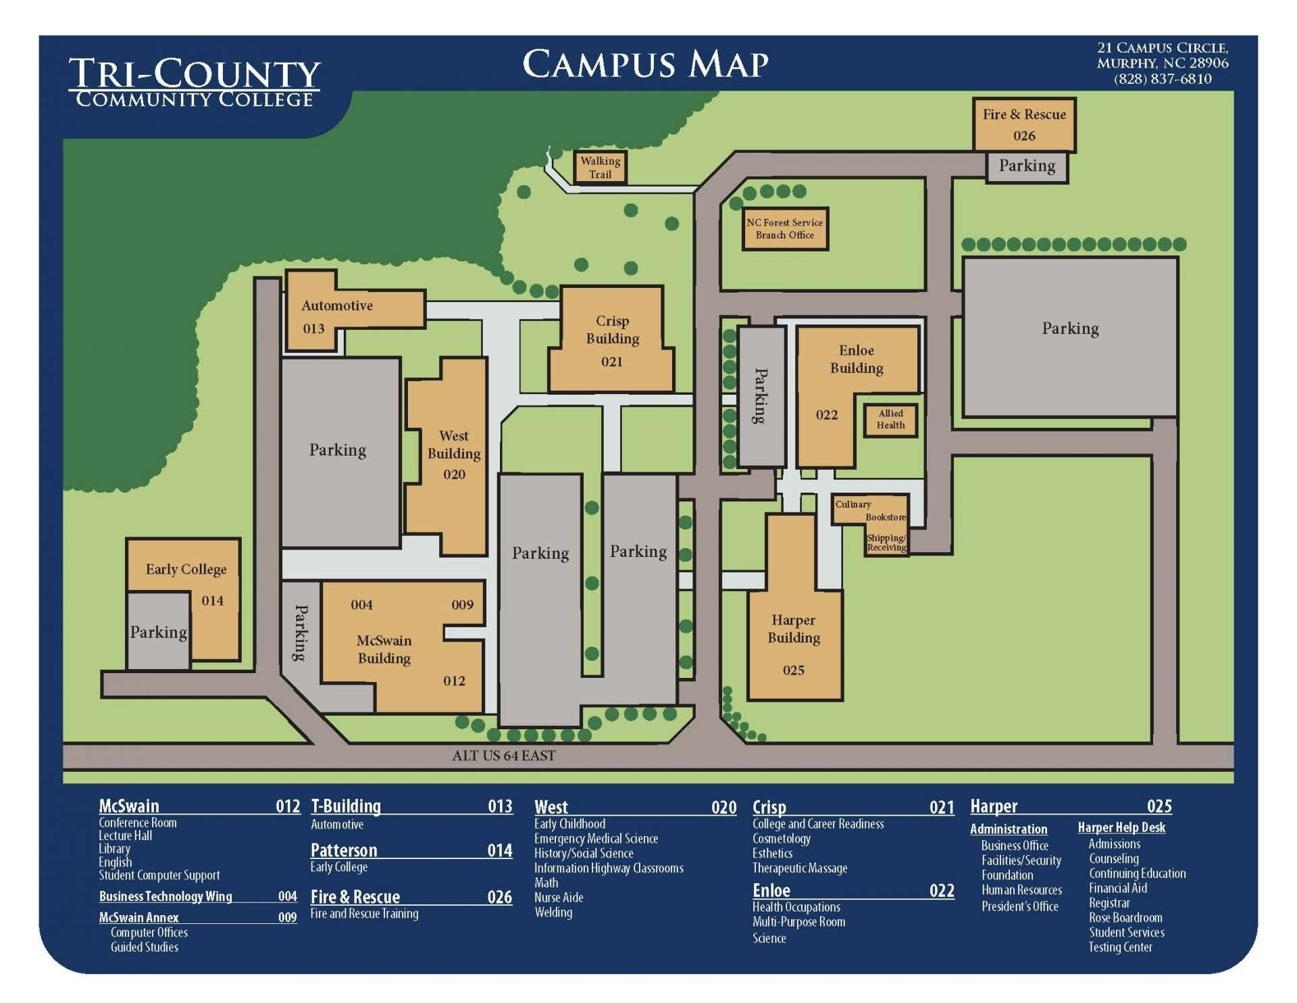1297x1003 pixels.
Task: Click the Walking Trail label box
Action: click(x=600, y=167)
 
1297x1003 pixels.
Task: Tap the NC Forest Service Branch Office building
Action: click(x=785, y=228)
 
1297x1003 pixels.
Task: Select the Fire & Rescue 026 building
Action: click(x=1024, y=124)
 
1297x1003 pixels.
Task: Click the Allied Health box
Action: click(x=891, y=419)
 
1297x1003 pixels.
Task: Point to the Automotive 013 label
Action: click(x=336, y=305)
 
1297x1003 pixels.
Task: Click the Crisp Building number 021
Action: click(x=612, y=362)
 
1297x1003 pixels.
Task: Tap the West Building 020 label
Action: click(x=454, y=454)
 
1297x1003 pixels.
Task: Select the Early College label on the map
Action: click(x=186, y=569)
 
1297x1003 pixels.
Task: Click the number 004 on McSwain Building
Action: click(x=361, y=605)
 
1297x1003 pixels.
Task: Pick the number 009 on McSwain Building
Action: click(x=463, y=605)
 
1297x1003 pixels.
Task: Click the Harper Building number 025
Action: click(x=794, y=670)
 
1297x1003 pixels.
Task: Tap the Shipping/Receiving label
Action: click(x=886, y=543)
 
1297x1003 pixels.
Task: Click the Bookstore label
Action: click(x=886, y=517)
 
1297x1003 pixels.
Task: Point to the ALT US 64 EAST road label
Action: click(x=504, y=756)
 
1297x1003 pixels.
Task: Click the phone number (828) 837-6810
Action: click(x=1163, y=79)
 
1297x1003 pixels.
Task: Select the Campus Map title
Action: click(x=645, y=65)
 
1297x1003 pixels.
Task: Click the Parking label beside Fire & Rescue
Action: click(x=1027, y=166)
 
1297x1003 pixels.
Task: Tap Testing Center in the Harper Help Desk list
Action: click(x=1120, y=947)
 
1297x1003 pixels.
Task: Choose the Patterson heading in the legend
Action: click(x=344, y=850)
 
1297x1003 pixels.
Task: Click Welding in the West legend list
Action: click(x=553, y=912)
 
